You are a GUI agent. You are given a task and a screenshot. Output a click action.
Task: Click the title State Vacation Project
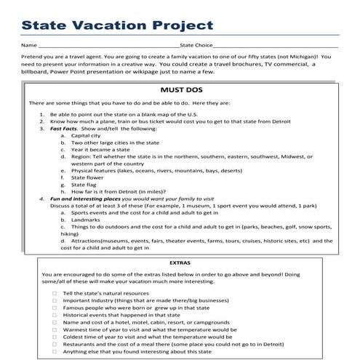pos(118,24)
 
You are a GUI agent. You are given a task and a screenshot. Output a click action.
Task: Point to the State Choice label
pos(197,45)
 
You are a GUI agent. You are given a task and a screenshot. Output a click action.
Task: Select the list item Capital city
pos(85,136)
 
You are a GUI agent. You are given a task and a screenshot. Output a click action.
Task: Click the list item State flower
pos(89,176)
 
